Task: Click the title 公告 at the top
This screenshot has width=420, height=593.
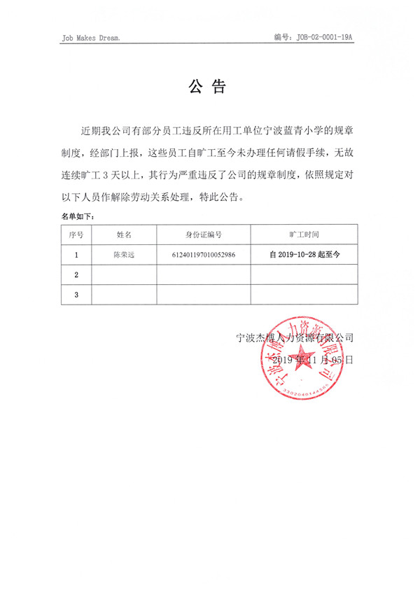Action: click(x=208, y=88)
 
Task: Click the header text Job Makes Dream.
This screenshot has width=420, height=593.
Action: click(x=91, y=37)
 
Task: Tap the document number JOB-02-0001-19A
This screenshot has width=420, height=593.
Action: click(x=323, y=36)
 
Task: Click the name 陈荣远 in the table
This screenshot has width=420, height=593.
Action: click(x=124, y=255)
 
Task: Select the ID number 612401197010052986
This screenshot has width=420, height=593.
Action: click(x=203, y=255)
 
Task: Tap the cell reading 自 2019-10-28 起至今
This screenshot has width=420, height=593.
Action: click(x=304, y=255)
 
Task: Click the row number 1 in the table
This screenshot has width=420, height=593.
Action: click(x=76, y=255)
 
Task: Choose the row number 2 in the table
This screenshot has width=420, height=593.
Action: click(x=76, y=275)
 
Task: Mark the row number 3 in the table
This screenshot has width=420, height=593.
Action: click(x=76, y=295)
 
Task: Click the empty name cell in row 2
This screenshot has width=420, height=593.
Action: click(x=124, y=275)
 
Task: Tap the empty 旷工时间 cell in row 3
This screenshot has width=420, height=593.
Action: click(x=304, y=295)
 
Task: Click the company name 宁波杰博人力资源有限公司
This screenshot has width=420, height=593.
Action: click(x=295, y=337)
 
